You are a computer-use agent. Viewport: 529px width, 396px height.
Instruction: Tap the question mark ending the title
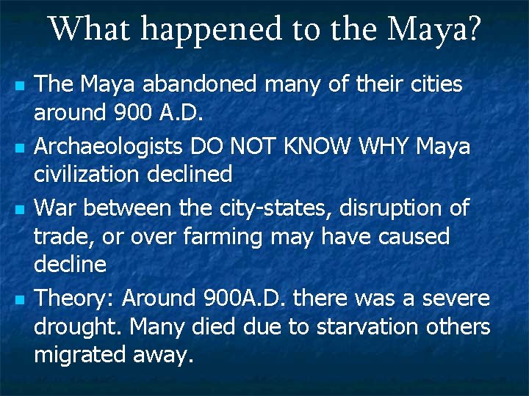click(x=475, y=29)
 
